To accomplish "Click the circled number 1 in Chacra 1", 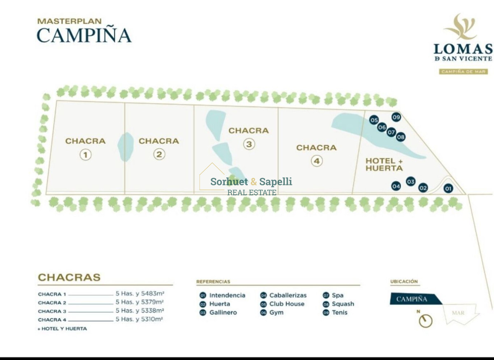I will (85, 155).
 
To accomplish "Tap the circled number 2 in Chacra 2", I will (159, 154).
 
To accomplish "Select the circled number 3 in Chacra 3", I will (249, 144).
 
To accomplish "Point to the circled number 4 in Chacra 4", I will (316, 161).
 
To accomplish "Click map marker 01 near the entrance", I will (448, 189).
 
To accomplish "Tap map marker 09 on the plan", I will (396, 117).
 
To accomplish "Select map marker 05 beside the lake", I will (374, 120).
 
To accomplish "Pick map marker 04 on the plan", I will (396, 186).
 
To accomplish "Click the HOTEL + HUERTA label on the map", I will (384, 164).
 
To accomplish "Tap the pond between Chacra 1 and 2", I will (126, 147).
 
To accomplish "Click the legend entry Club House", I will (287, 304).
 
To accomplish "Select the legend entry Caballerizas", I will (288, 295).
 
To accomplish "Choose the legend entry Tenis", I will (340, 313).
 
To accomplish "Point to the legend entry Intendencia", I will (227, 295).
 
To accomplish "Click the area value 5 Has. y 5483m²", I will (140, 294).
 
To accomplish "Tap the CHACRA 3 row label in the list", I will (52, 311).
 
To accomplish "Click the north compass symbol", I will (425, 320).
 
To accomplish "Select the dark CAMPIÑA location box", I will (414, 299).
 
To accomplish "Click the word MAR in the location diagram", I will (458, 313).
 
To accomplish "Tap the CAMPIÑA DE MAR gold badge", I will (463, 72).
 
